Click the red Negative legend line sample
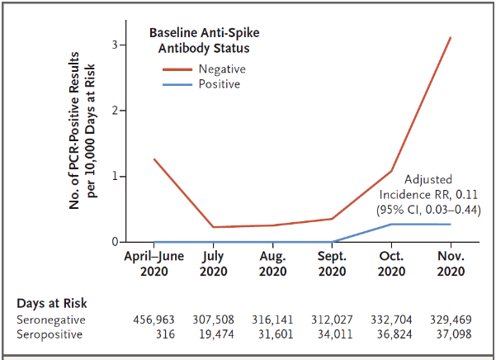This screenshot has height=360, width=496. click(x=177, y=69)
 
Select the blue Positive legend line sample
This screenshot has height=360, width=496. click(x=177, y=84)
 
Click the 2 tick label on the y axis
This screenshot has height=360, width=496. click(x=115, y=111)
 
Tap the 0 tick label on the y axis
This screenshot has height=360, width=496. click(x=115, y=242)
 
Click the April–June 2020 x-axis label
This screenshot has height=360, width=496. click(x=154, y=263)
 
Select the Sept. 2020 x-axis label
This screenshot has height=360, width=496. click(x=332, y=263)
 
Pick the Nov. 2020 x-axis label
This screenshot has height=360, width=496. click(x=451, y=263)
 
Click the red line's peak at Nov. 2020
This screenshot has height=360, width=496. click(x=451, y=37)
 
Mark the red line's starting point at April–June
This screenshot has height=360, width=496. click(x=154, y=159)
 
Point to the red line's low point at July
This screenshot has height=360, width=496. click(x=214, y=227)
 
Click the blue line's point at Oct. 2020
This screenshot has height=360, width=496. click(x=391, y=225)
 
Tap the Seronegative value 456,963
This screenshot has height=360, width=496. click(x=154, y=320)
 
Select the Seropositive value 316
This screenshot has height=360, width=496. click(x=165, y=334)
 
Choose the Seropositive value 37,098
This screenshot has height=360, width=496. click(x=454, y=334)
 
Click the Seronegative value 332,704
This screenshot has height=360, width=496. click(x=391, y=320)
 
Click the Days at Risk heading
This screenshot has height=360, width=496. click(x=51, y=303)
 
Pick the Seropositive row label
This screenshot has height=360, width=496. click(x=50, y=334)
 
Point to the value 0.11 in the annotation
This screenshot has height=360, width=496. click(x=466, y=195)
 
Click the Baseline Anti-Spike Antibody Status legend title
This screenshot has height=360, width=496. click(x=205, y=40)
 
